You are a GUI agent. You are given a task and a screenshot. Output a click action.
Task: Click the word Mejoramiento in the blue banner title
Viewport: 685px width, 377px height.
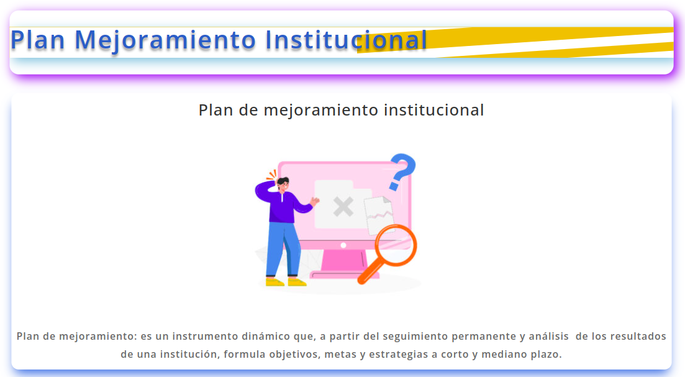coord(165,40)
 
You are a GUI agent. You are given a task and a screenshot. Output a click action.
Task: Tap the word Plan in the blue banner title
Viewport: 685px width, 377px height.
coord(37,40)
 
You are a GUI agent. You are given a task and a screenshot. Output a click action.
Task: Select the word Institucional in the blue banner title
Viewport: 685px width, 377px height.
coord(346,40)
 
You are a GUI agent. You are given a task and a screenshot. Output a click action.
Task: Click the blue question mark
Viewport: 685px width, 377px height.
coord(402,171)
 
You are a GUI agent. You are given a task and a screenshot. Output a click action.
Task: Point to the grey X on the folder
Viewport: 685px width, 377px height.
coord(343,207)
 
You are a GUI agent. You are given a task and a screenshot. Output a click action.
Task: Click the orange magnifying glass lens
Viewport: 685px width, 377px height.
coord(396,245)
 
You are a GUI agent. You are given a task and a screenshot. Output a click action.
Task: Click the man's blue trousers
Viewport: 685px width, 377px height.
coord(283,249)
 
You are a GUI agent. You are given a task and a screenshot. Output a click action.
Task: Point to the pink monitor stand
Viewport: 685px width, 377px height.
coord(343,264)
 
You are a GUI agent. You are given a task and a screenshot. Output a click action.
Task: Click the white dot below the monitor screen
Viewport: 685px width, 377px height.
coord(343,245)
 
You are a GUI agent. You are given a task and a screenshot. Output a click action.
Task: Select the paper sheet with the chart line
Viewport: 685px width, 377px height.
coord(379,216)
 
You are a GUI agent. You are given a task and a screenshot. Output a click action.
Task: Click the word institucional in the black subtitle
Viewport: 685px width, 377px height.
coord(434,110)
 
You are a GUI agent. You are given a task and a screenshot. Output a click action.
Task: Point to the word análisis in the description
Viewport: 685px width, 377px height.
coord(549,337)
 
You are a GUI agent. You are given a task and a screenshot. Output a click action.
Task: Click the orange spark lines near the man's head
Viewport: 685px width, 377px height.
coord(272,175)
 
